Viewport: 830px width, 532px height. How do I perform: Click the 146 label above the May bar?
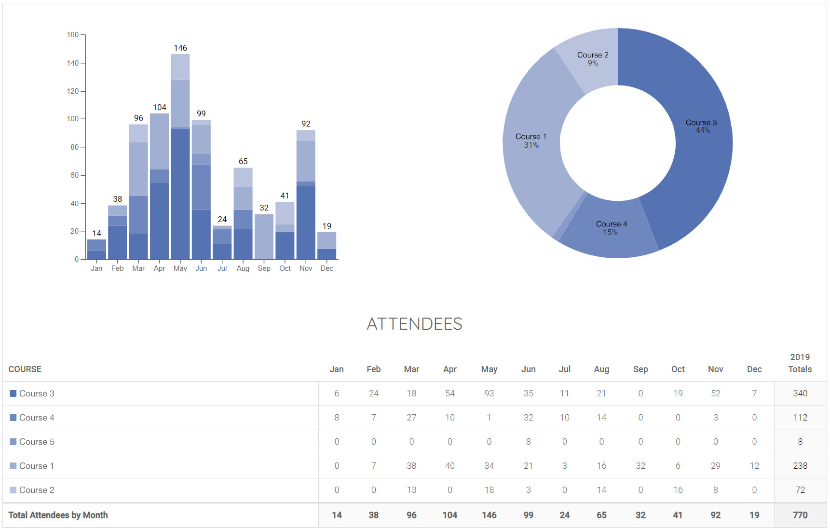coord(180,48)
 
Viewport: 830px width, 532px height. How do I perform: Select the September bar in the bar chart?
coord(264,236)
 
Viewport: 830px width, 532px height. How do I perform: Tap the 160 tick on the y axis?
coord(73,35)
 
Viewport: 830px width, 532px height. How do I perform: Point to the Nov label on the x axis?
coord(306,268)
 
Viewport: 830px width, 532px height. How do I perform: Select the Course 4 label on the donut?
coord(611,224)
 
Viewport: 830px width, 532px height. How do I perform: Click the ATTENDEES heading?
coord(414,324)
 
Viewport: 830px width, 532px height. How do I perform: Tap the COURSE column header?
coord(25,369)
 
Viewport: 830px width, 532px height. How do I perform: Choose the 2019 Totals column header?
coord(800,363)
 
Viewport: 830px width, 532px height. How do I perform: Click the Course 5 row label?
coord(37,442)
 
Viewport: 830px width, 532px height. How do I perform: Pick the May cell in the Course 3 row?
coord(489,393)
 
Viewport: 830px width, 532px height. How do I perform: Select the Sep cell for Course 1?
coord(640,466)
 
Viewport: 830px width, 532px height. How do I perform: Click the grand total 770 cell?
coord(800,515)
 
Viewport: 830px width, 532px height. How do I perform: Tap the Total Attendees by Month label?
coord(58,515)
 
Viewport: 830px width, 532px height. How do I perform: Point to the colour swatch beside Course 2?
coord(13,490)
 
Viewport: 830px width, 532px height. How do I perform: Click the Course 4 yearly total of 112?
coord(800,418)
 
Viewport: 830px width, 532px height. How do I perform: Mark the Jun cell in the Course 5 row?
coord(528,442)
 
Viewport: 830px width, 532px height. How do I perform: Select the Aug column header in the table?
coord(601,369)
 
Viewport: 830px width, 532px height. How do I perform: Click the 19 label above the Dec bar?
coord(327,226)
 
